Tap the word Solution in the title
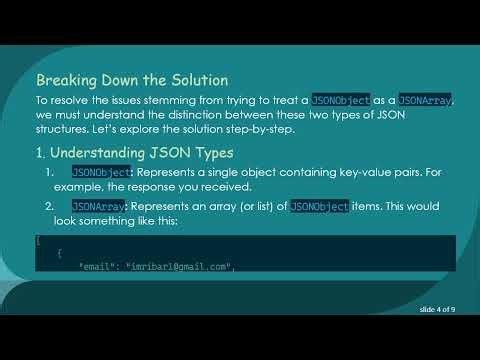point(194,79)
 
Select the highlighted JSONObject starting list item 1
point(101,173)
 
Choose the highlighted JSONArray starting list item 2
point(98,206)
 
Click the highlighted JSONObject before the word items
point(320,206)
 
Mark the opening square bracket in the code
point(38,241)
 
